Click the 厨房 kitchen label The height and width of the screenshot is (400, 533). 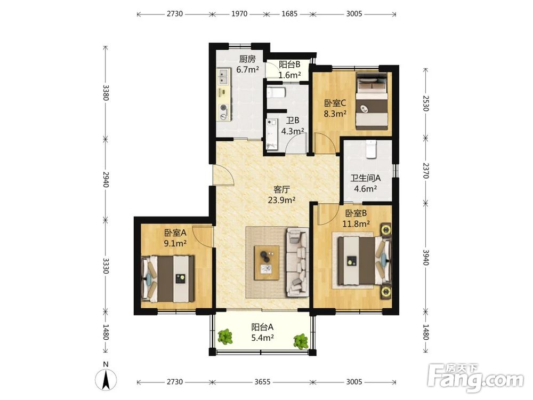[x=247, y=59]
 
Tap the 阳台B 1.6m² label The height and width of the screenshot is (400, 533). [x=289, y=70]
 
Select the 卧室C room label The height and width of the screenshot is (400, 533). [x=335, y=102]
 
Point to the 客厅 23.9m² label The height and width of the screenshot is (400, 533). [x=281, y=194]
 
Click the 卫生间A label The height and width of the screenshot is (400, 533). [x=366, y=178]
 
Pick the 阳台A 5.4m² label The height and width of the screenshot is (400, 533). [x=262, y=332]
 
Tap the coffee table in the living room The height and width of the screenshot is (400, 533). [x=267, y=262]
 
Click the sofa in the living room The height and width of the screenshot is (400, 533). [x=297, y=262]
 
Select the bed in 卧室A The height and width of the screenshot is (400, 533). [x=168, y=279]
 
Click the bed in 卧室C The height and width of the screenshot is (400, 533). [x=372, y=101]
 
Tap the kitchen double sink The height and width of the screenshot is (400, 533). [x=224, y=76]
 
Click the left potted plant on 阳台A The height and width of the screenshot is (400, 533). [x=225, y=337]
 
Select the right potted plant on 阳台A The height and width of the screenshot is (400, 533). [x=301, y=341]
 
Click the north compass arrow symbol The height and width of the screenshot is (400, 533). [x=107, y=379]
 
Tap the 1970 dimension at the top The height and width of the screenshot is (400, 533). [x=239, y=14]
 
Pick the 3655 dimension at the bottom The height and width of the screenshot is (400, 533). [x=262, y=382]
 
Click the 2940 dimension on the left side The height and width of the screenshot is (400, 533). [x=106, y=179]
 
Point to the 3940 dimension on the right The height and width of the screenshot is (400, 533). [x=426, y=257]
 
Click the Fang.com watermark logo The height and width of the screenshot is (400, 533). [x=475, y=378]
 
